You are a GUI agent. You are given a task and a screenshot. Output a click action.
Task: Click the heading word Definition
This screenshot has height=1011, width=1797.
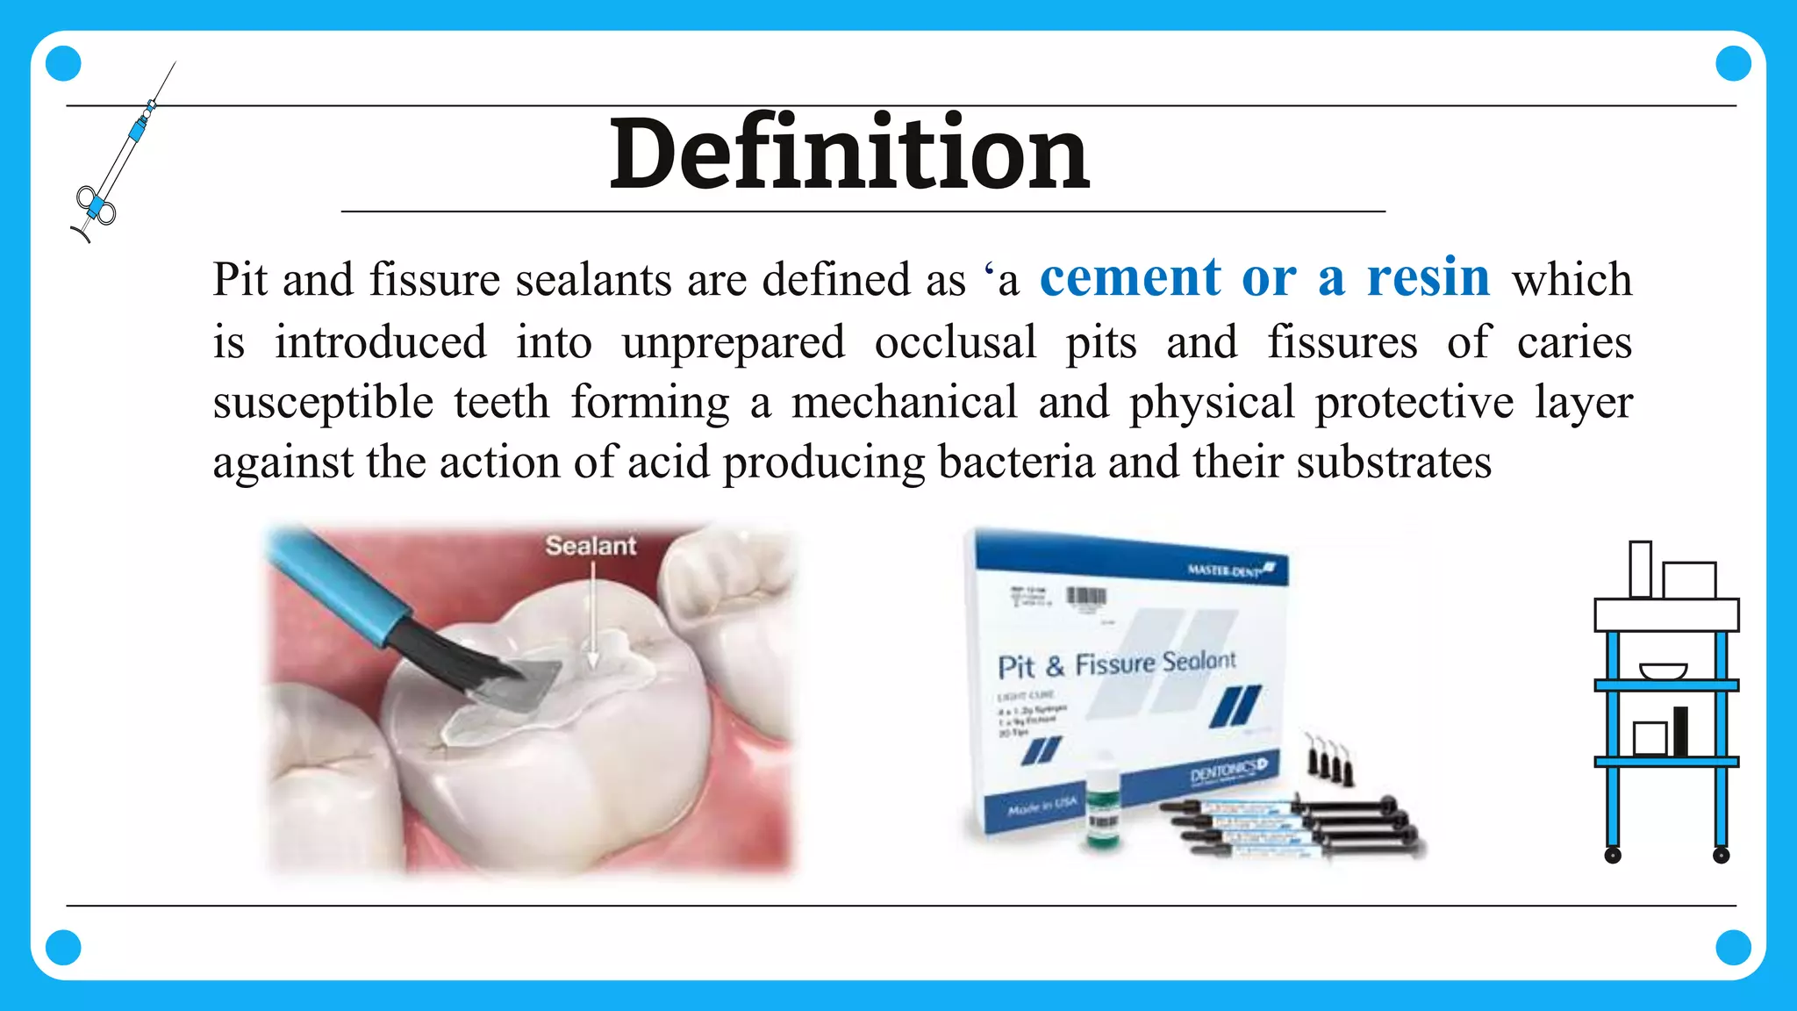(849, 154)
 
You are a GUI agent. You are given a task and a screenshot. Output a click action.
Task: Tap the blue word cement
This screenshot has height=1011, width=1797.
(1130, 278)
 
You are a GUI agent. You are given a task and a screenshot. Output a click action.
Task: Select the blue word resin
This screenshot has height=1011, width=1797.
(1428, 278)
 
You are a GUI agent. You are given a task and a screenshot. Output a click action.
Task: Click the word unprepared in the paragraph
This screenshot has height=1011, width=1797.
(733, 342)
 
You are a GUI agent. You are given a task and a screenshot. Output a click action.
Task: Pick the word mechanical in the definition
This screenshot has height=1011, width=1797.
(904, 403)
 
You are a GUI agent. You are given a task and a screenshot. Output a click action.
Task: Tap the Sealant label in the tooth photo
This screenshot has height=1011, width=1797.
(591, 546)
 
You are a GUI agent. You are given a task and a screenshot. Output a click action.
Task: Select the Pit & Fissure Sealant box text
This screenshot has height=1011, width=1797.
(1116, 663)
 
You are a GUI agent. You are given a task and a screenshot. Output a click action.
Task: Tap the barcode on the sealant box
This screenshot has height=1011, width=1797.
(1085, 598)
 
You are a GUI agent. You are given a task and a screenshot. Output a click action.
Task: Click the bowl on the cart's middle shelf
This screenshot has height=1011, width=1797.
(1663, 671)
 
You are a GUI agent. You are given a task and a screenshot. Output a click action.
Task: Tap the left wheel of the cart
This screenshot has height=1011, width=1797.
(1613, 855)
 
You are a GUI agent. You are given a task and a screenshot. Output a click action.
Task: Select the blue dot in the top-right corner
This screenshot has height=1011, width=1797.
(1733, 63)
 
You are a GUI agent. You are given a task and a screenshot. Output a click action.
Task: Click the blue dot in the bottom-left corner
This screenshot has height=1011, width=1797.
(63, 947)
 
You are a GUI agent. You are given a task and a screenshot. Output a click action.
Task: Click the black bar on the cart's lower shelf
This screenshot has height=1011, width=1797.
(1680, 731)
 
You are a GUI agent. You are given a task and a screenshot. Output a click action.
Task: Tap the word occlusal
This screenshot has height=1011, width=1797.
(956, 342)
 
